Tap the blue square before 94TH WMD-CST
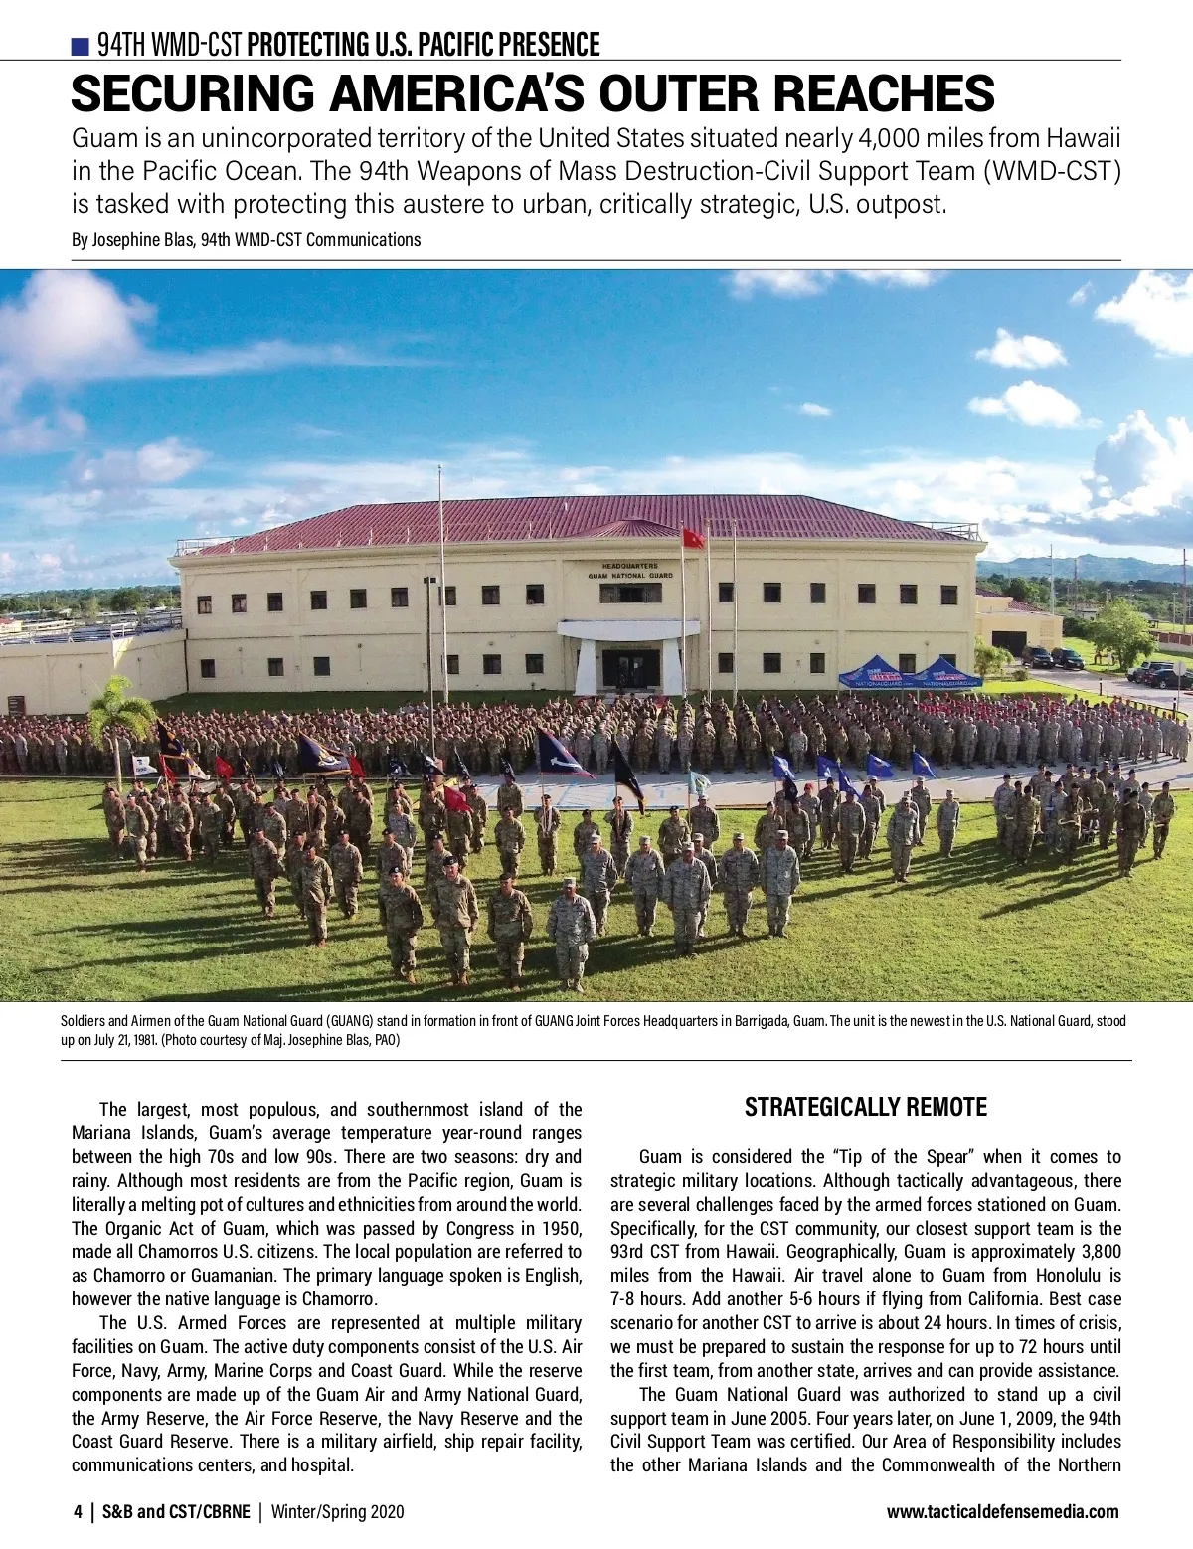point(81,46)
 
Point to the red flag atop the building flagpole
point(693,538)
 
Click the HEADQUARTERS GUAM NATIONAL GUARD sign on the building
point(629,571)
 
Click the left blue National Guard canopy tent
point(876,673)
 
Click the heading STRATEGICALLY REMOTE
point(865,1107)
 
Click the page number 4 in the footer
point(79,1512)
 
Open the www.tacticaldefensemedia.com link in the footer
point(1002,1512)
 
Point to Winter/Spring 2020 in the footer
point(338,1512)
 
